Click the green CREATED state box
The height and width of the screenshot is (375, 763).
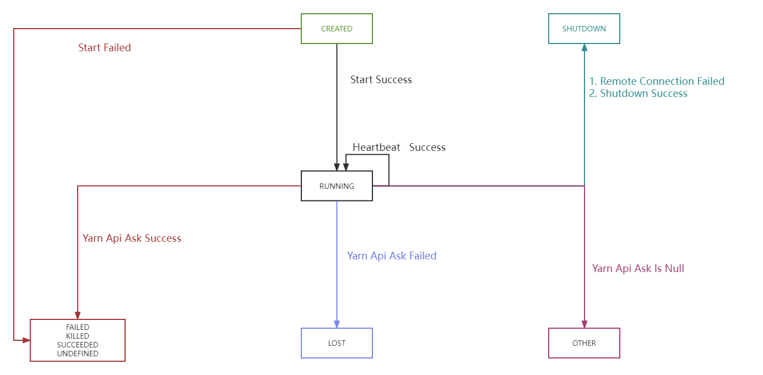click(337, 29)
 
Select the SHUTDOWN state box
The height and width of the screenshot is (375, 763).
click(584, 29)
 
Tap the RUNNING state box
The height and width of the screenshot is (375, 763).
click(337, 186)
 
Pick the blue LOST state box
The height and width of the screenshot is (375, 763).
click(337, 343)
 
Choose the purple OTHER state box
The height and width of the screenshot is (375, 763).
click(584, 343)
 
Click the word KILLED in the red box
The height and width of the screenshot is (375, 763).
click(78, 336)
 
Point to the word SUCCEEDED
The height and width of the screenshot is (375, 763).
click(78, 345)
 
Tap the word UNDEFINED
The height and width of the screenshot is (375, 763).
click(78, 354)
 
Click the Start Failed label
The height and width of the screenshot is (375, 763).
click(105, 48)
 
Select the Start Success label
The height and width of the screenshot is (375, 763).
click(381, 80)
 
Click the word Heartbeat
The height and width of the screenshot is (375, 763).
click(376, 147)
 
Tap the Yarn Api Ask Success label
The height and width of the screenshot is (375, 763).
click(132, 238)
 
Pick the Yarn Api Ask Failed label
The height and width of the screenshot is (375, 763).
click(392, 256)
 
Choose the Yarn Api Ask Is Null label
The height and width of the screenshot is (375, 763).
click(638, 268)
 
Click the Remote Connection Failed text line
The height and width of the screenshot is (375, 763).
click(657, 81)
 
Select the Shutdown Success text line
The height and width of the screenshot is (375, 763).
click(638, 93)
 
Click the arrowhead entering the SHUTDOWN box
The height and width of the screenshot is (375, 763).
click(585, 48)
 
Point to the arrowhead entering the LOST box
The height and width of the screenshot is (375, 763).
click(337, 324)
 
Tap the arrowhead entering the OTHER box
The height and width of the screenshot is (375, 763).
click(585, 324)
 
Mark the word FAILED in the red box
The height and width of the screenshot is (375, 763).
click(78, 327)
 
